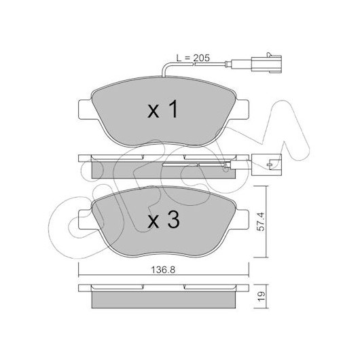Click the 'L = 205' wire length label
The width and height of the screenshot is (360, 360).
[193, 58]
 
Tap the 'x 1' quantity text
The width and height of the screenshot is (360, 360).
[163, 109]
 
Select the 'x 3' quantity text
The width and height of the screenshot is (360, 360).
[164, 219]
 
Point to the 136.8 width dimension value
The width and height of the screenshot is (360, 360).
[163, 270]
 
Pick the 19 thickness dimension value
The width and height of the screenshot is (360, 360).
[261, 296]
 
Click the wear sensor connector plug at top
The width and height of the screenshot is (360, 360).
[266, 64]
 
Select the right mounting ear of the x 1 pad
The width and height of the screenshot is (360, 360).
[240, 109]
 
